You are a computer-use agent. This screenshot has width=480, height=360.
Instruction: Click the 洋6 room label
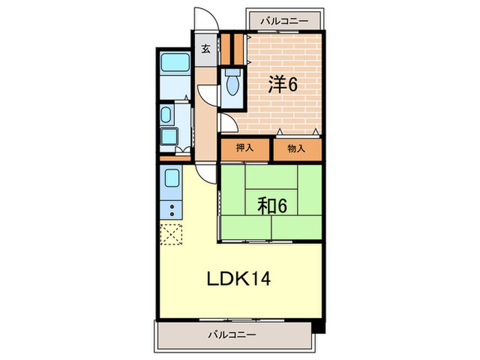(x=282, y=84)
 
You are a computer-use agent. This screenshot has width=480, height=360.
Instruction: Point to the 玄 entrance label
(x=205, y=49)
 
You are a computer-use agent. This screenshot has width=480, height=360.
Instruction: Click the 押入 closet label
(x=245, y=148)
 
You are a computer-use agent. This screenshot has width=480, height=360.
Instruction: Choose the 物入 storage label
(x=296, y=148)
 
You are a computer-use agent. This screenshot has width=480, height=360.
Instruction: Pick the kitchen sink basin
(x=171, y=182)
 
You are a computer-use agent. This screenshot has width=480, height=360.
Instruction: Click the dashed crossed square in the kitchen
(x=171, y=234)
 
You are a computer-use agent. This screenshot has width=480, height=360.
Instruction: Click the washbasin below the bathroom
(x=167, y=114)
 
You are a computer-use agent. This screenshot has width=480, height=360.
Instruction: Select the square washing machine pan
(x=169, y=137)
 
